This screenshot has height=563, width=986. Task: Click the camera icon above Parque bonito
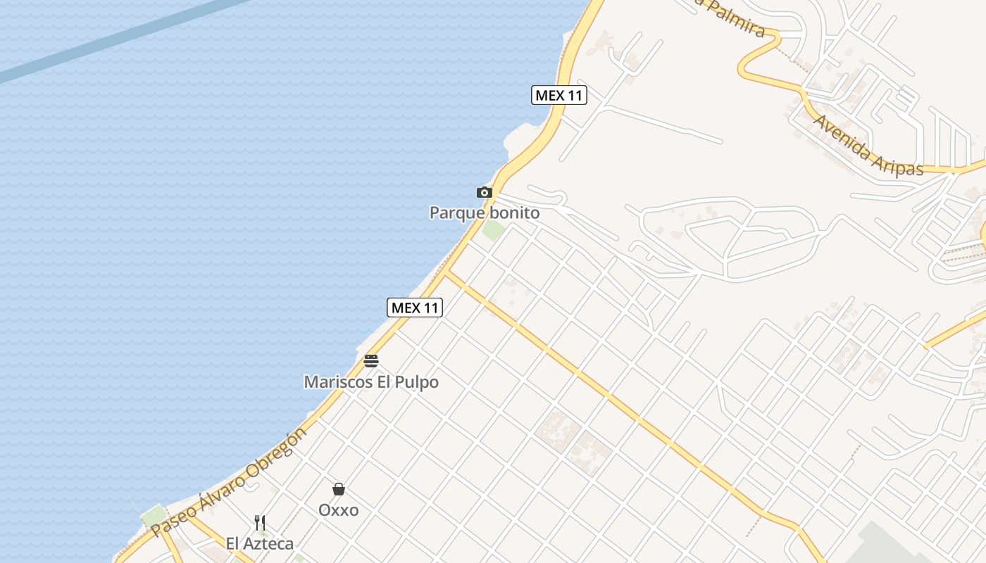[484, 192]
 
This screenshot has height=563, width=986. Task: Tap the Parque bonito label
[485, 213]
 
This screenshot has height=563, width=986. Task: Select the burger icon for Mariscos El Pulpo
[371, 361]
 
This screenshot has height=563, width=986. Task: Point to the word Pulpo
[416, 382]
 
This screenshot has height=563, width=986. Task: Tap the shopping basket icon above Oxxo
[339, 489]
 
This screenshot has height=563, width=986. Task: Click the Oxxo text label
[339, 510]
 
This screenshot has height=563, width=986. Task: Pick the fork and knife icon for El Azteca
[260, 522]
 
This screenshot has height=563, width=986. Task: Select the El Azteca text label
[260, 543]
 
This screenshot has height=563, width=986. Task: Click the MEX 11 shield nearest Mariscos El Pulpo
[415, 308]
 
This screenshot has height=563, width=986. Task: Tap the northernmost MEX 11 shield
[559, 95]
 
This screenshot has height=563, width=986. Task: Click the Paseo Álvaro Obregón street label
[230, 481]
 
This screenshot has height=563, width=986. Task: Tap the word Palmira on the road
[732, 18]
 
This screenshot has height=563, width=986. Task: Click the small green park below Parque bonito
[493, 229]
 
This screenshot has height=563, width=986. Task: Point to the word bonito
[513, 213]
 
